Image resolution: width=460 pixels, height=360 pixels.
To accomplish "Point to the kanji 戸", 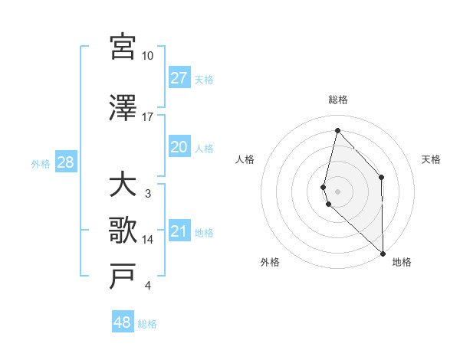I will (x=123, y=276).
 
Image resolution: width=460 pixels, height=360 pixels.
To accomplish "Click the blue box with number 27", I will (x=179, y=78).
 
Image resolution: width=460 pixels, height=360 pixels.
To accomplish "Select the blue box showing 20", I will (x=179, y=147).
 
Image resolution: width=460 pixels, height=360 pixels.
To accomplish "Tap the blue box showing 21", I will (x=179, y=231).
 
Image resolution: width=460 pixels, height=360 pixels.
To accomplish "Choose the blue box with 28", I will (x=65, y=162).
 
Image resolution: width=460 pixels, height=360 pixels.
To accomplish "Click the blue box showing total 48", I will (x=123, y=322).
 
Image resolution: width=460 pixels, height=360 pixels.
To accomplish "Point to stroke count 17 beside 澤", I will (x=148, y=116).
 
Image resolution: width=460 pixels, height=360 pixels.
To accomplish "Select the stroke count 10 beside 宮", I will (x=148, y=56).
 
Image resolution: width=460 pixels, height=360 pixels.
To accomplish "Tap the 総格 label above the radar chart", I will (x=338, y=100).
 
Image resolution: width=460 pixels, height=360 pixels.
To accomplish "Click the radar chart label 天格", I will (x=432, y=159).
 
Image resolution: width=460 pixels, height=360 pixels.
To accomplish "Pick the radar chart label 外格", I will (x=270, y=262).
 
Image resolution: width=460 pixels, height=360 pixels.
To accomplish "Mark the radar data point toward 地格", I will (x=383, y=252).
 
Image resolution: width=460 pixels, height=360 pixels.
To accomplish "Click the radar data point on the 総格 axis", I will (x=337, y=130).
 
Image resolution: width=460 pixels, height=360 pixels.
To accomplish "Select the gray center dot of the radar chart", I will (x=337, y=190).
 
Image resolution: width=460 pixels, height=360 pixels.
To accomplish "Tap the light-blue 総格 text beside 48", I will (x=147, y=324).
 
